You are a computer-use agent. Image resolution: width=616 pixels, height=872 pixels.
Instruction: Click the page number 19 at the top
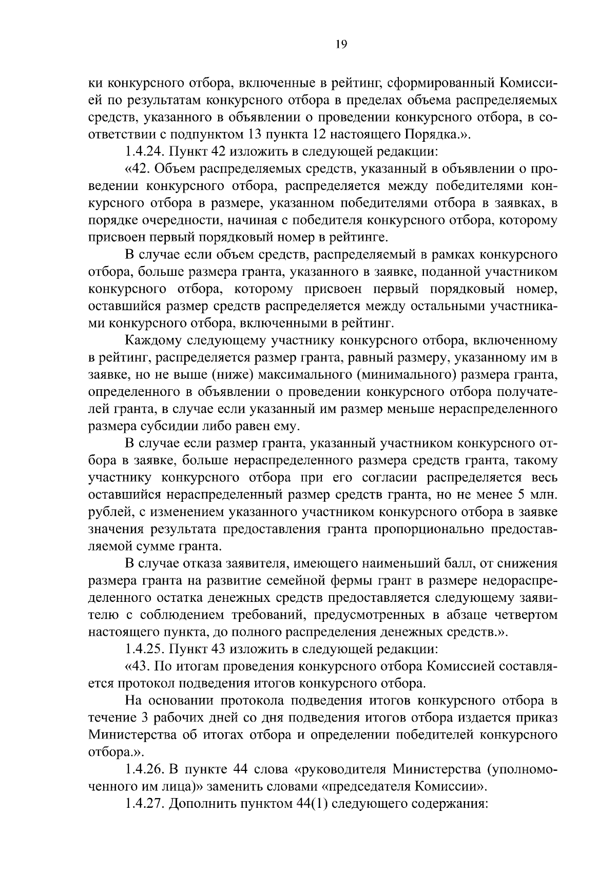pos(341,45)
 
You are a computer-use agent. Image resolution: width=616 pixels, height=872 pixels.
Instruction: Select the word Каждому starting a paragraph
pos(152,341)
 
